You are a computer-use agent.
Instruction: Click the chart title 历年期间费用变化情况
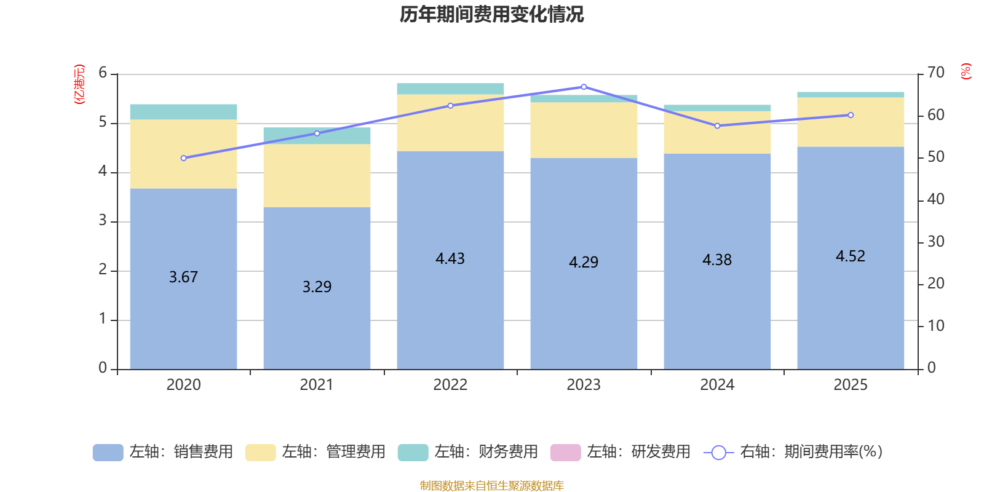pos(491,14)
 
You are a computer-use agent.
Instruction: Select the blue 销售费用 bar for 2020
pos(183,320)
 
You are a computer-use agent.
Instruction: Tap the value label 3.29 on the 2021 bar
pos(317,287)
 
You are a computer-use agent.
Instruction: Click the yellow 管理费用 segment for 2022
pos(450,123)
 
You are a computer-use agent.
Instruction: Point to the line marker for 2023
pos(584,87)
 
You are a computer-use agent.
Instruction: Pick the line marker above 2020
pos(183,158)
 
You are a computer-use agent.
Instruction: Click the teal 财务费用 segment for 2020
pos(183,112)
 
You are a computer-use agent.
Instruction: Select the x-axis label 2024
pos(717,385)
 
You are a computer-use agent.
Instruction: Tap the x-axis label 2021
pos(317,385)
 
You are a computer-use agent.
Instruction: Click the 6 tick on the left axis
pos(103,73)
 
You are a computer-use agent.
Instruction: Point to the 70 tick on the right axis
pos(936,73)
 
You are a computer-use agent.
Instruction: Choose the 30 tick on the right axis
pos(936,242)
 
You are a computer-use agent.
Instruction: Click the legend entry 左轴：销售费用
pos(163,452)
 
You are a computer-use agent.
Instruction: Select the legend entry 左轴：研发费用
pos(621,452)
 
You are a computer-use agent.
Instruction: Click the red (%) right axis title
pos(966,71)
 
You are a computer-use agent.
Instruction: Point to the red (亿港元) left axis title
pos(79,84)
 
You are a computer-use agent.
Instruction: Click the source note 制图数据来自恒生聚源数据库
pos(491,486)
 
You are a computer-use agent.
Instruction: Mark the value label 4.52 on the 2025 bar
pos(851,256)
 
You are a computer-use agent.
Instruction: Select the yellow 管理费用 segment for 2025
pos(851,122)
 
